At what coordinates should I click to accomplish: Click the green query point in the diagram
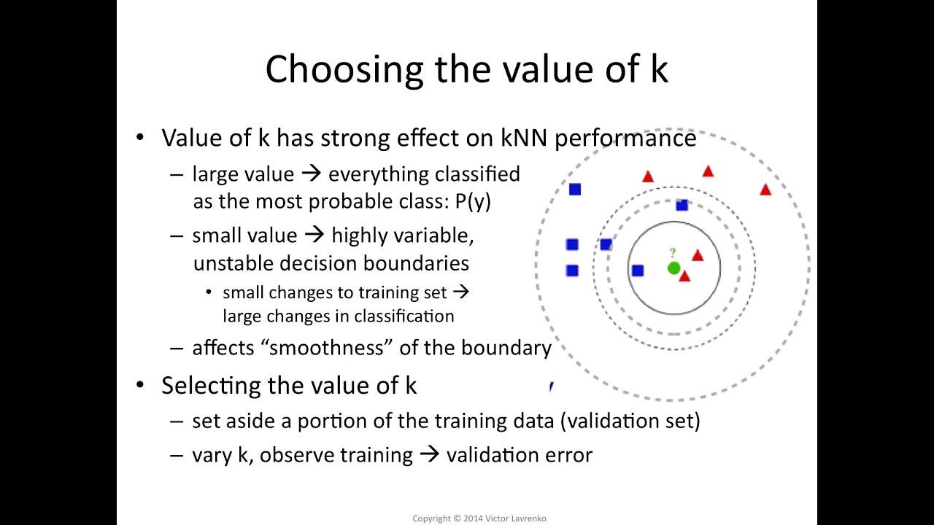[674, 268]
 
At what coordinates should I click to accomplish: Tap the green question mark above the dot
[673, 253]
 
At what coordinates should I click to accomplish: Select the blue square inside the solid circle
[638, 271]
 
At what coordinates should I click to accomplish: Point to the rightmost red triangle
[765, 190]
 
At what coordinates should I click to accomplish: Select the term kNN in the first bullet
[522, 138]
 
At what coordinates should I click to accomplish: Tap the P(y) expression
[473, 202]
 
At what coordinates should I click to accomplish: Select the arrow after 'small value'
[314, 236]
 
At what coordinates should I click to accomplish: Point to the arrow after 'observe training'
[430, 455]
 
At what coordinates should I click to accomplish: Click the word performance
[625, 138]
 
